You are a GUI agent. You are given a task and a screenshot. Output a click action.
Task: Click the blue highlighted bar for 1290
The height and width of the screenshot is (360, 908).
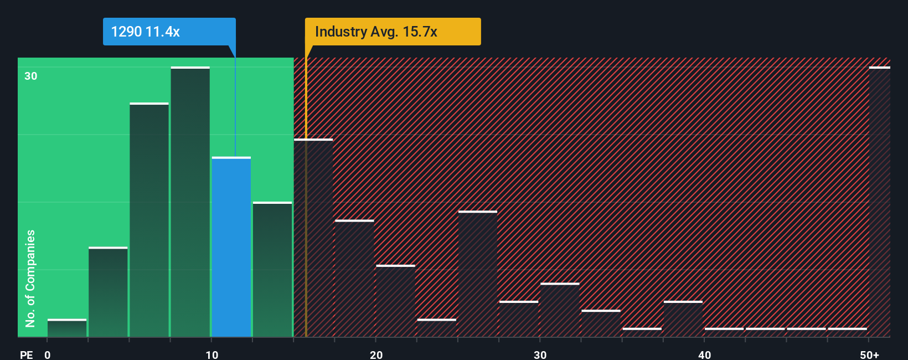pos(231,247)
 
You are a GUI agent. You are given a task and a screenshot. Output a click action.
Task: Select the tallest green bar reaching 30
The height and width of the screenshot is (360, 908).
pos(190,202)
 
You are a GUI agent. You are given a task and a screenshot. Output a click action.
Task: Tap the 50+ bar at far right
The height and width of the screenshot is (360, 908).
pos(880,202)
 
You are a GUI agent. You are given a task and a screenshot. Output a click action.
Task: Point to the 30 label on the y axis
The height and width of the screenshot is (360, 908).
pos(31,76)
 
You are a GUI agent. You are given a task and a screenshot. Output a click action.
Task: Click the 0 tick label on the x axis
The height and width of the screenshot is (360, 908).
pos(48,354)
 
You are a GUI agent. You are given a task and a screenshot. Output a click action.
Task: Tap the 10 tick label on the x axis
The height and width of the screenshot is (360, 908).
pos(212,354)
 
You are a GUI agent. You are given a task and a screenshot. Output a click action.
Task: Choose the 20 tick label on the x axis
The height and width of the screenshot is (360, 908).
pos(376,354)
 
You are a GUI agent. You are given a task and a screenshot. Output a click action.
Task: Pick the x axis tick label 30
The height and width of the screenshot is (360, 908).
pos(540,354)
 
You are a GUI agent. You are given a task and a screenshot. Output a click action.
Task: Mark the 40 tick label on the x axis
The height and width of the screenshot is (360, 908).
pos(705,354)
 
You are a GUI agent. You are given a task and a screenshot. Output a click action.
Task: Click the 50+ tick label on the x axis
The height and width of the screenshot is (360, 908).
pos(869,354)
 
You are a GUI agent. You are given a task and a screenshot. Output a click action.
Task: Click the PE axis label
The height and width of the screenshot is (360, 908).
pos(27,354)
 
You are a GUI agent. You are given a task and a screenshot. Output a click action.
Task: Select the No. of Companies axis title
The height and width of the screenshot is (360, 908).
pos(30,278)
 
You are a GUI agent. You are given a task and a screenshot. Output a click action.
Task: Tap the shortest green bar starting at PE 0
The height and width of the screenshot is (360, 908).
pos(67,328)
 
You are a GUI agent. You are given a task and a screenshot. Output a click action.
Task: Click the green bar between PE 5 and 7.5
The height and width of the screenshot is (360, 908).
pos(149,220)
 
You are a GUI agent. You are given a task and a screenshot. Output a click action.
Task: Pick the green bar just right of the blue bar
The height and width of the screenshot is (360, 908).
pos(272,270)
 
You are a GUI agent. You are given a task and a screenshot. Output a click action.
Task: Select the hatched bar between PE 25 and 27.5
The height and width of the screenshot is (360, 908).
pos(478,274)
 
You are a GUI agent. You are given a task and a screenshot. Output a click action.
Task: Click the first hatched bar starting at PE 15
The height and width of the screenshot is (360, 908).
pos(313,238)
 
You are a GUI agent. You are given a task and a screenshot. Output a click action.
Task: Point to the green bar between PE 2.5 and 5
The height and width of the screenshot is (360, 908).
pos(108,292)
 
